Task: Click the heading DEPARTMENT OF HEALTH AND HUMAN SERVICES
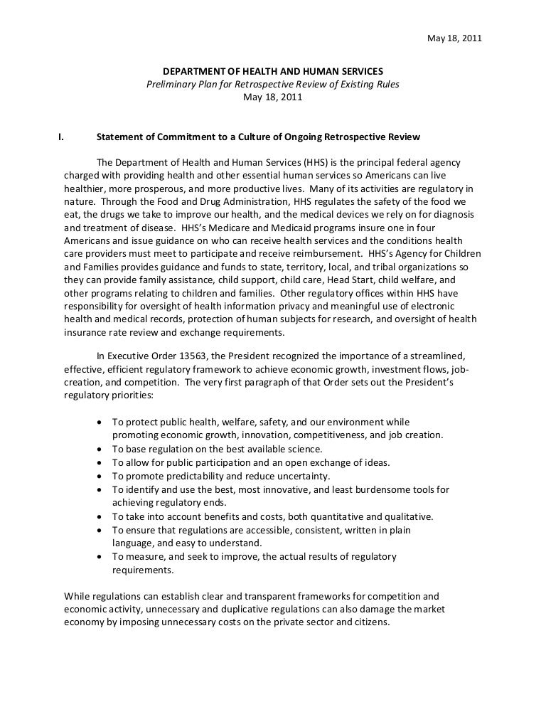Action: pos(273,72)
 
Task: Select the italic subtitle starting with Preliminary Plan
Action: pos(273,85)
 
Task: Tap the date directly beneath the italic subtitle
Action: pos(273,97)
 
